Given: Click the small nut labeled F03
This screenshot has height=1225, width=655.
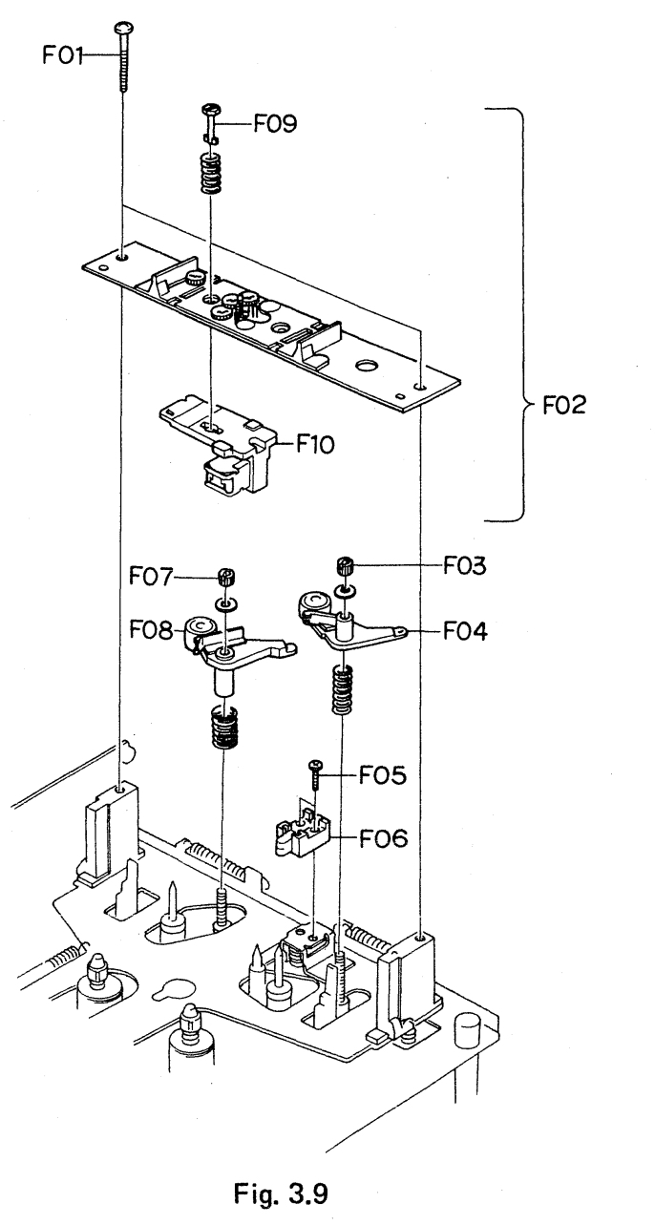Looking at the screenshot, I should coord(346,569).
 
